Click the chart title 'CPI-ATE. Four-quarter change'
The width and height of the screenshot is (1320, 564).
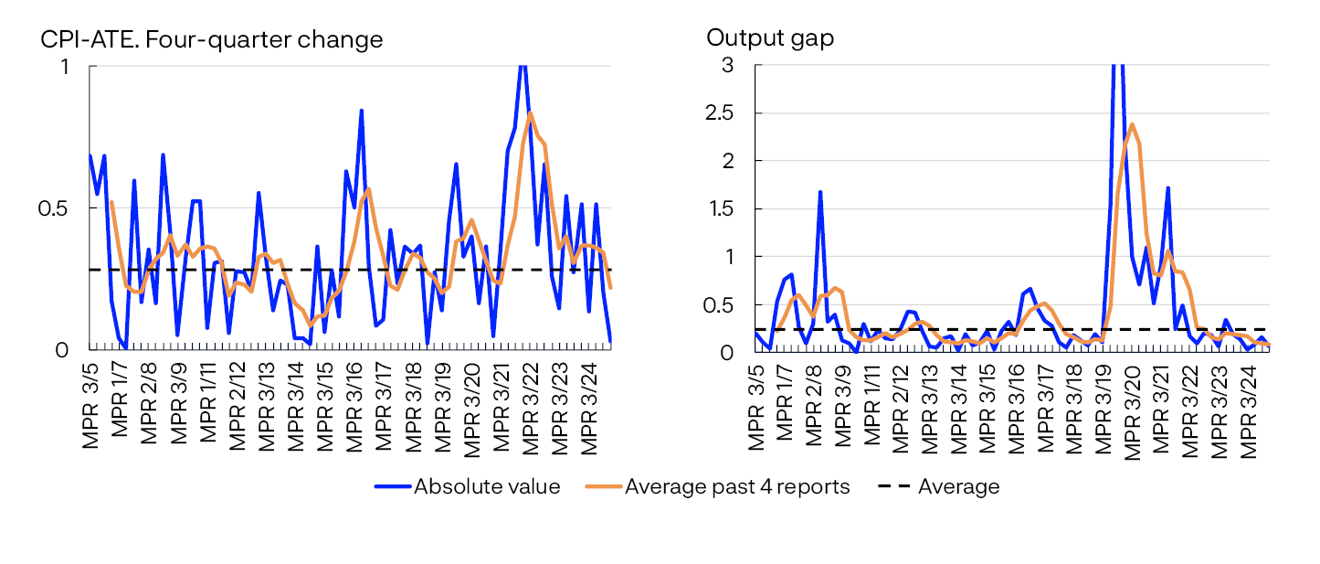click(x=211, y=39)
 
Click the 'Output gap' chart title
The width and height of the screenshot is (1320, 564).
click(x=770, y=38)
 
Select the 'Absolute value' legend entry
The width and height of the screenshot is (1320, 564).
click(x=486, y=486)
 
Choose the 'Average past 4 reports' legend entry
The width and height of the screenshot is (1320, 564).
click(x=736, y=486)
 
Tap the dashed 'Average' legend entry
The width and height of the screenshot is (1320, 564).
click(x=958, y=486)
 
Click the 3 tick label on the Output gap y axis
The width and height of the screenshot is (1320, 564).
click(x=727, y=66)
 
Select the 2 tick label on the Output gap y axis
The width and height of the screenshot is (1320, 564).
click(x=727, y=161)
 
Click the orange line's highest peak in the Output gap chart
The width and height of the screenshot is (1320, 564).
click(x=1132, y=124)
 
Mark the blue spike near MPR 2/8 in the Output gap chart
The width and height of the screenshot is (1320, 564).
click(x=820, y=192)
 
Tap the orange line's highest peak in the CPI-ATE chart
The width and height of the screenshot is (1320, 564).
click(x=531, y=113)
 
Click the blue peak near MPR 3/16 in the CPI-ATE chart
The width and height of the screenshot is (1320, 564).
click(x=362, y=111)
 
